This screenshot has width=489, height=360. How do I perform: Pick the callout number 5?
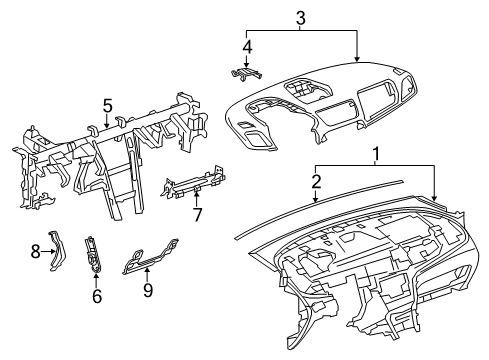click(107, 105)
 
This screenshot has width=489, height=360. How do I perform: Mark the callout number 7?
click(198, 215)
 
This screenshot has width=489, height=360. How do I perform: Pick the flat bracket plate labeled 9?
click(150, 258)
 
